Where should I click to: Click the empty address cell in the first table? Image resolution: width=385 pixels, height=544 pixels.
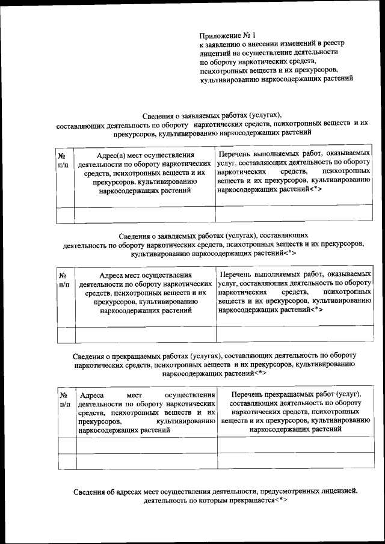pos(144,214)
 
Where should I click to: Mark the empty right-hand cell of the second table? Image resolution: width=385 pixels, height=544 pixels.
pos(294,334)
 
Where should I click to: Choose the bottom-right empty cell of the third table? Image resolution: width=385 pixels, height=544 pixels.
pos(295,461)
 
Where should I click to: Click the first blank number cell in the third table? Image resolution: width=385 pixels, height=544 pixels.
pos(67,445)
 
